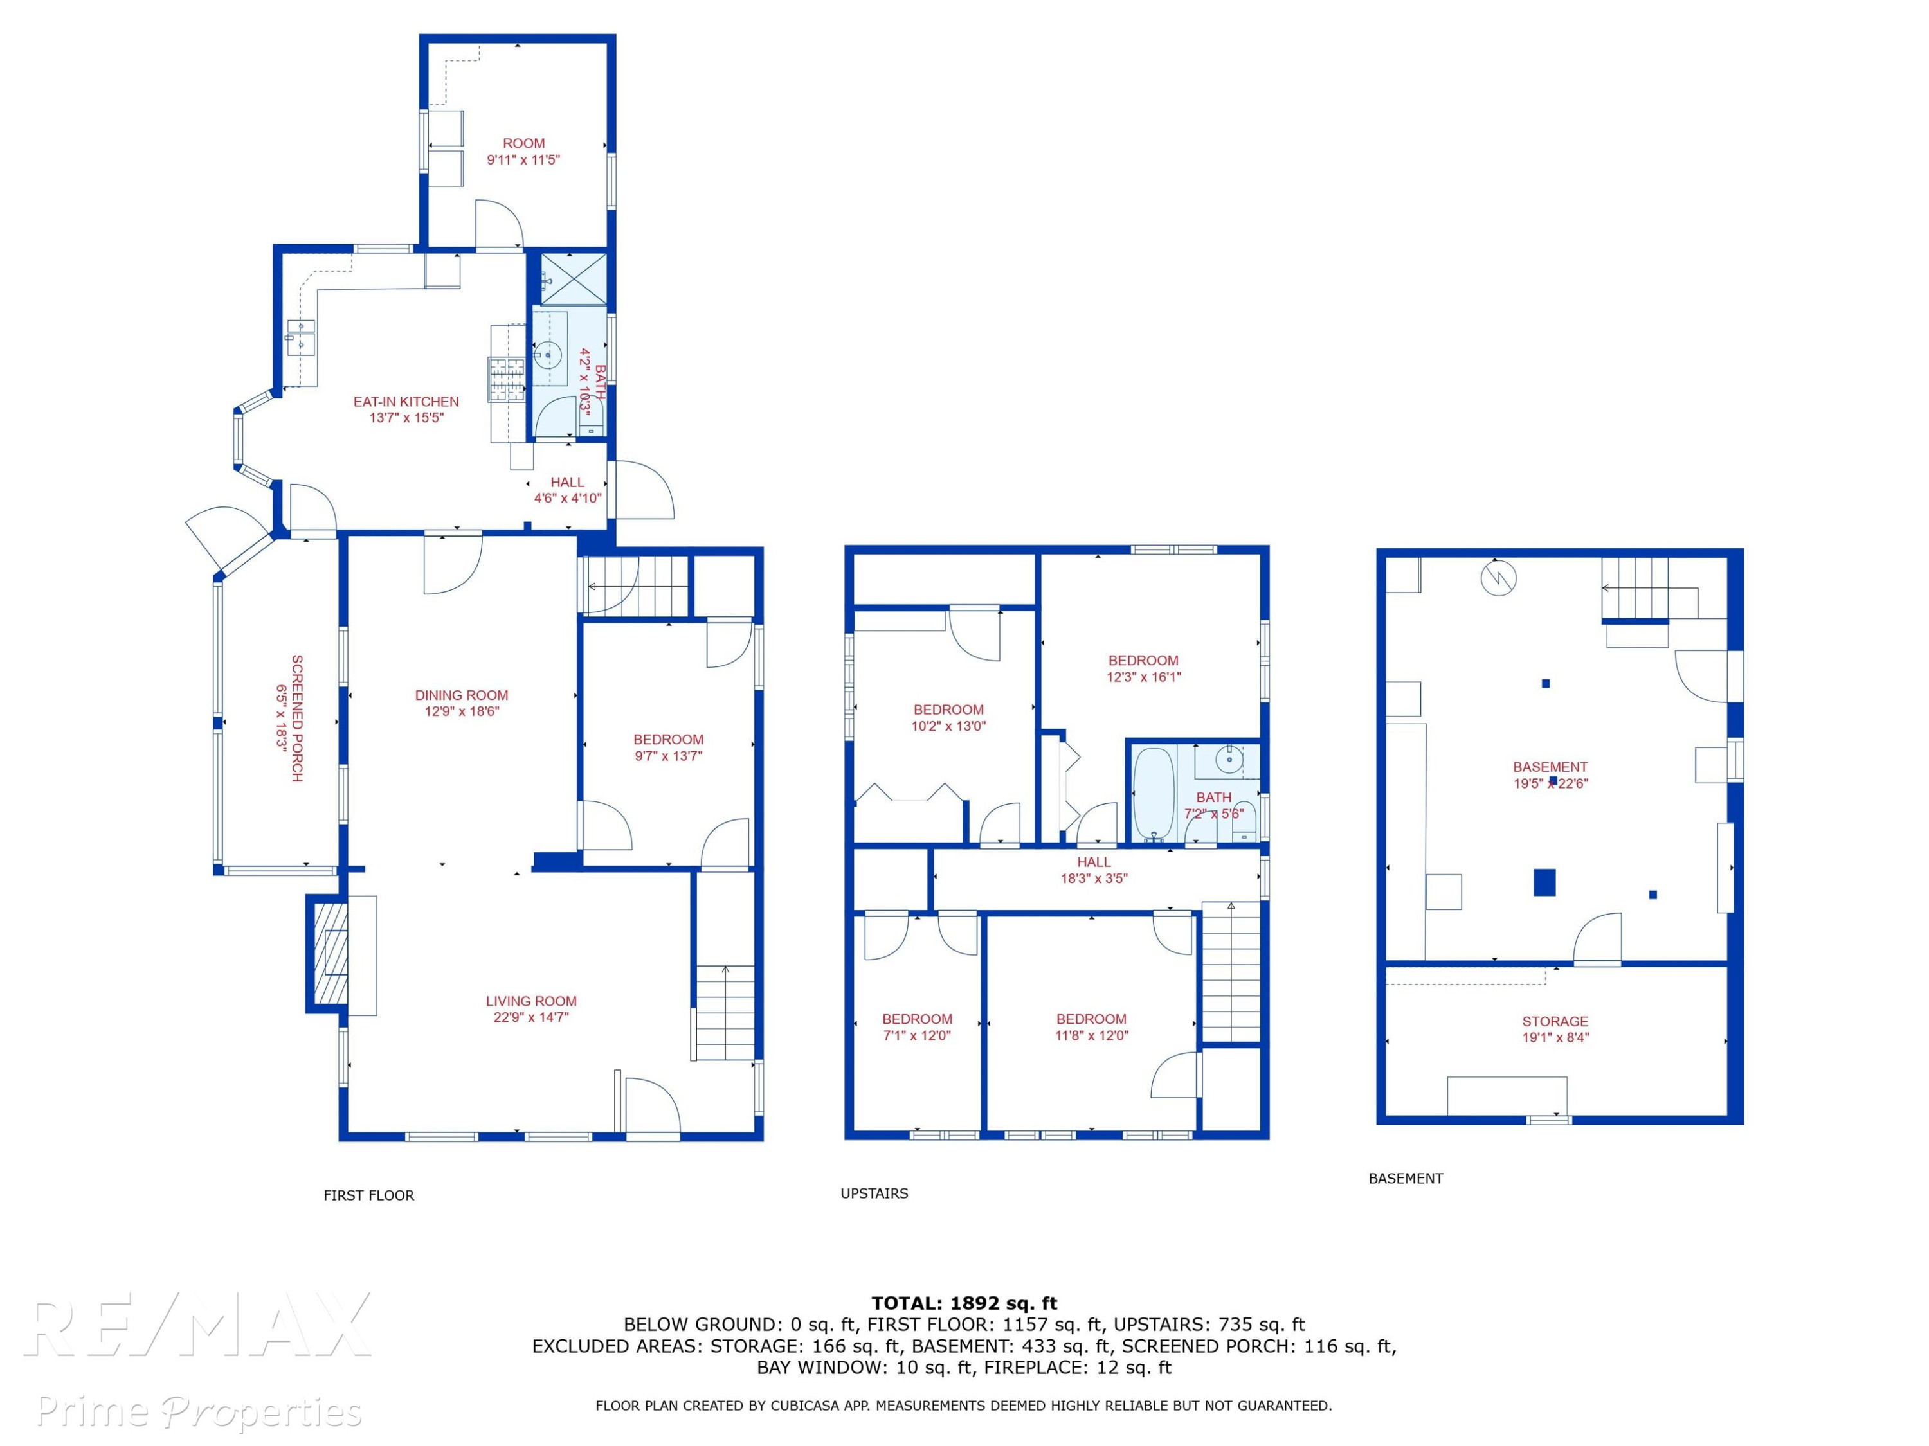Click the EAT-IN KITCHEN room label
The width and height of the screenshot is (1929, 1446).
tap(406, 402)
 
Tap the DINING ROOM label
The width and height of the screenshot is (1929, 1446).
tap(461, 695)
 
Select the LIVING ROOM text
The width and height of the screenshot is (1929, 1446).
tap(531, 1001)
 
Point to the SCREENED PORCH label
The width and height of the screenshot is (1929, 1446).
tap(297, 719)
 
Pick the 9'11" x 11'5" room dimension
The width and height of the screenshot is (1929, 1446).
tap(523, 159)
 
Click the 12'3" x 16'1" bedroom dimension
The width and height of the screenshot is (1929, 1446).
tap(1144, 676)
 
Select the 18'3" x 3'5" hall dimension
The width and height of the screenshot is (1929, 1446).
tap(1094, 879)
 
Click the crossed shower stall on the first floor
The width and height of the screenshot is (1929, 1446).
tap(573, 279)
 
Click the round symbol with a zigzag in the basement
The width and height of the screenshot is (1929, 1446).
tap(1498, 577)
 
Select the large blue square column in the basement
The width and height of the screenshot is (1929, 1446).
tap(1544, 882)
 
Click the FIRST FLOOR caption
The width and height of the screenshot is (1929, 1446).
tap(369, 1195)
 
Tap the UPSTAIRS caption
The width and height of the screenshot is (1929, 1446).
tap(874, 1193)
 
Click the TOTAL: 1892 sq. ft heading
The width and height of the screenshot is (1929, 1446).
tap(964, 1303)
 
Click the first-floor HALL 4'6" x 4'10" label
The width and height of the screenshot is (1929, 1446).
tap(567, 490)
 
